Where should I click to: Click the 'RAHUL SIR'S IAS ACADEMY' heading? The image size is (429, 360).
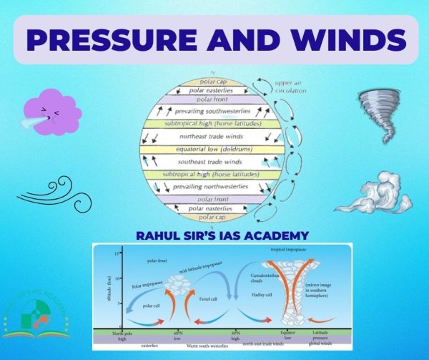coord(214,235)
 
